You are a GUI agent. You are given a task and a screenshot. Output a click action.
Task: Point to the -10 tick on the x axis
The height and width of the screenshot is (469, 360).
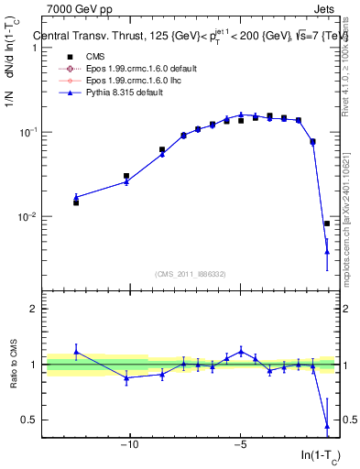click(x=130, y=446)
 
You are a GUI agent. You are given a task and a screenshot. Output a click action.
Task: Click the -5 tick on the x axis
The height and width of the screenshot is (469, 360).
click(x=240, y=446)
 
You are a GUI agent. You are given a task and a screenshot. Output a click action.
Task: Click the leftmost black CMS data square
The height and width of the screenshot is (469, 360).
click(x=76, y=202)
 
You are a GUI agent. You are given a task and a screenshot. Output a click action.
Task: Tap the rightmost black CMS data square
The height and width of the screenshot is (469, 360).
click(x=327, y=224)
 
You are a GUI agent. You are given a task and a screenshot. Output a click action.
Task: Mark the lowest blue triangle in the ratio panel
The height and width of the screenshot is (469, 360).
click(x=327, y=426)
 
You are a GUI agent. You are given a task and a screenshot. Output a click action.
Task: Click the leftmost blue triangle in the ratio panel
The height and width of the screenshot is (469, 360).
click(x=76, y=351)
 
